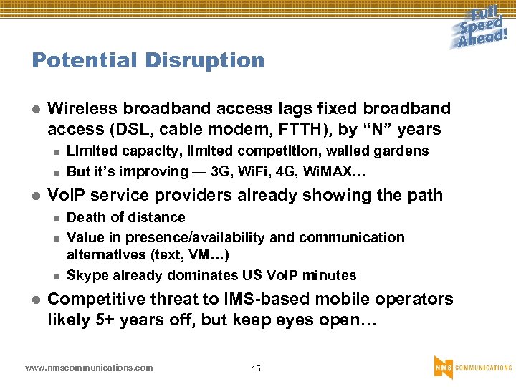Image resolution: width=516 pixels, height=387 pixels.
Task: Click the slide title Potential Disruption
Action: tap(148, 60)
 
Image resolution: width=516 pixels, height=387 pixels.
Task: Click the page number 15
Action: tap(256, 368)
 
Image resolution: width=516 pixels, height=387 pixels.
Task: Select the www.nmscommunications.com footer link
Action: tap(89, 368)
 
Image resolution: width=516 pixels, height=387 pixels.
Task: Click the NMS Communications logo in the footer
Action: tap(472, 367)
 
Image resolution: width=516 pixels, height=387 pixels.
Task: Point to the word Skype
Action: tap(85, 275)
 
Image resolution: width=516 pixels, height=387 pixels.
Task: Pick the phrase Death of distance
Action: tap(125, 217)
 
